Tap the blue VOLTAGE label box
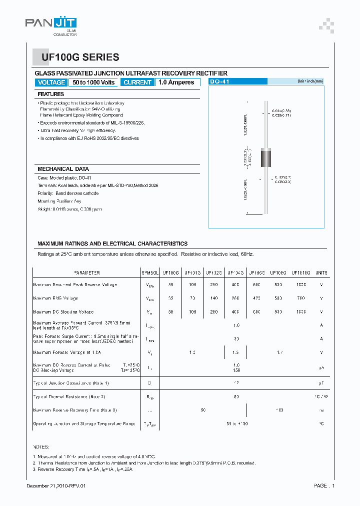51,82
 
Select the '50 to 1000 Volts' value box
93,82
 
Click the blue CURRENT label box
137,82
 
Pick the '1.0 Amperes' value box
176,82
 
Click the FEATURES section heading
51,94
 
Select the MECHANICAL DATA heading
63,169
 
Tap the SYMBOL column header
150,273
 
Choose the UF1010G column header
301,273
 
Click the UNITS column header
321,273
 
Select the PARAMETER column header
87,273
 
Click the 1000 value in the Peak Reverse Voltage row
301,284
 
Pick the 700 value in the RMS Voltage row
301,298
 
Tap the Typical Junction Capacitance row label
71,383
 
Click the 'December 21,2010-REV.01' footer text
59,486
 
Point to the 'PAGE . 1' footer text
324,486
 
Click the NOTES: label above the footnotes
41,446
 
